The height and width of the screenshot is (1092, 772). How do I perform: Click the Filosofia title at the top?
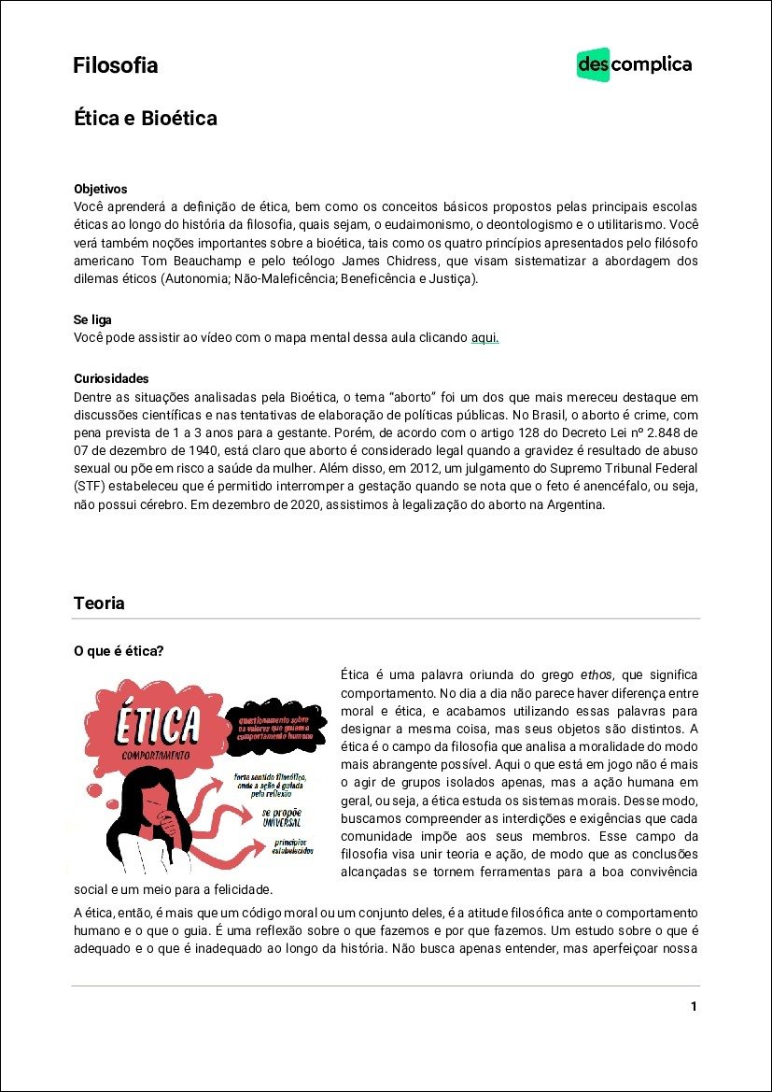(x=115, y=65)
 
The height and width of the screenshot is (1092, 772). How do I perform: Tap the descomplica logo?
(x=634, y=64)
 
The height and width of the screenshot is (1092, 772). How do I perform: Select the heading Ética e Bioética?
(x=145, y=119)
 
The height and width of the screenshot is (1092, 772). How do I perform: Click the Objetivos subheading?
(x=100, y=189)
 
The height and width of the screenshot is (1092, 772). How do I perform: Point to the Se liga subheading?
(x=92, y=320)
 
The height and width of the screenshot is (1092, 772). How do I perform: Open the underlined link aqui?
(x=484, y=337)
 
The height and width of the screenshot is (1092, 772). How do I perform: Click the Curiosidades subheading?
(x=111, y=378)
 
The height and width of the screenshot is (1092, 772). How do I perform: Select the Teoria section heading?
(x=99, y=603)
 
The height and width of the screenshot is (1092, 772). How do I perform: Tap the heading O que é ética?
(x=119, y=651)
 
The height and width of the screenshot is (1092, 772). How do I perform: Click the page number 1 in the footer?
(x=694, y=1006)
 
